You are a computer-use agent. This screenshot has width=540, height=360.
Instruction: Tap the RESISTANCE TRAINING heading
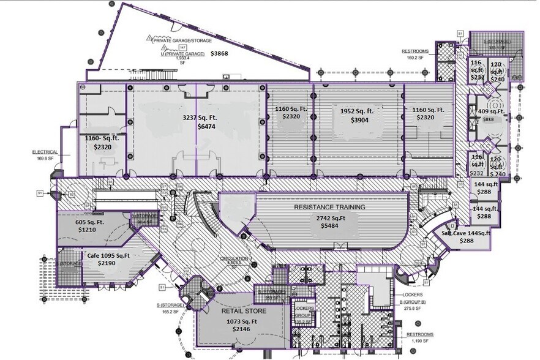pyautogui.click(x=329, y=208)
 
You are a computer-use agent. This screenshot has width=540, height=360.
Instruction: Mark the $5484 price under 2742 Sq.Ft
pyautogui.click(x=329, y=226)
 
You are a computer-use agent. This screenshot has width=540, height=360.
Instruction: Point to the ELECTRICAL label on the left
pyautogui.click(x=45, y=151)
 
